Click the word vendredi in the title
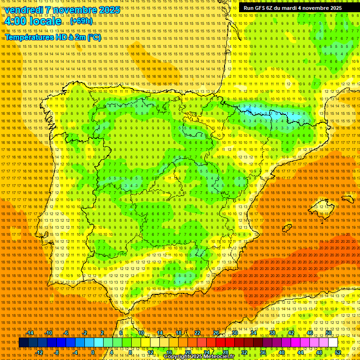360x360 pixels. pos(24,10)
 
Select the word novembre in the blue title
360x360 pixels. pos(75,10)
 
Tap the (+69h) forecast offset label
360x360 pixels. pos(82,21)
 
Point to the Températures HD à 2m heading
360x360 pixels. pos(52,37)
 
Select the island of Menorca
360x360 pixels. pos(347,199)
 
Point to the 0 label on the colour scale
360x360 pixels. pos(93,352)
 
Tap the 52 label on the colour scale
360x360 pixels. pos(338,352)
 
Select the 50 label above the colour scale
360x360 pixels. pos(329,333)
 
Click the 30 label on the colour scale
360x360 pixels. pos(234,333)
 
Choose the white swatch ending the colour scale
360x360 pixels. pos(333,343)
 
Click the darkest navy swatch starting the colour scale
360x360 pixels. pos(23,343)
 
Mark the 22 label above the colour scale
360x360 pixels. pos(197,333)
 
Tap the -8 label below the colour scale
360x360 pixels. pos(57,352)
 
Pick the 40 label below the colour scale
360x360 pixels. pos(281,352)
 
